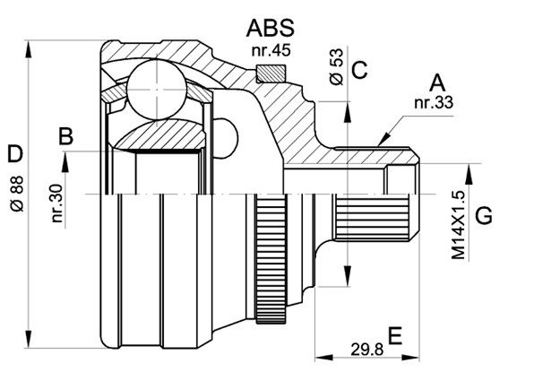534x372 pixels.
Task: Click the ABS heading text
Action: [270, 28]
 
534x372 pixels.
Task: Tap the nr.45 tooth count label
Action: [271, 50]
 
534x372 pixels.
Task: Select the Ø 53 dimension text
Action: [337, 66]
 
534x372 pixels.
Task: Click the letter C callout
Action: [359, 70]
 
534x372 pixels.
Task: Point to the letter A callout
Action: [437, 83]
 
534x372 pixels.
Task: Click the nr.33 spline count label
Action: [434, 102]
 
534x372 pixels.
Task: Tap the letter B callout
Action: [66, 136]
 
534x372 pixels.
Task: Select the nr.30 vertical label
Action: [57, 203]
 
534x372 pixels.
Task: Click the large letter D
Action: [15, 153]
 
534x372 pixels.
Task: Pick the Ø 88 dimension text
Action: [17, 194]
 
